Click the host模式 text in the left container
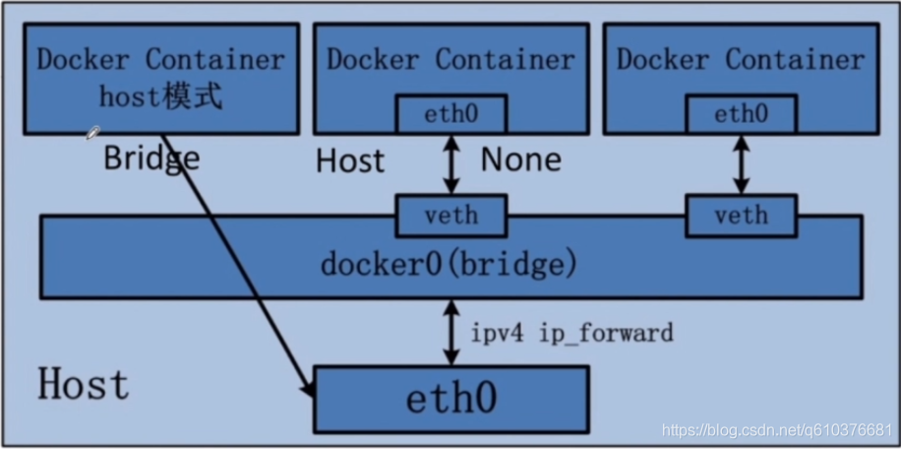(x=161, y=96)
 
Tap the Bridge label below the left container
(x=151, y=158)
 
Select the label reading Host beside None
(x=350, y=160)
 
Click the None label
(x=520, y=160)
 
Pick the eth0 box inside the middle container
(x=451, y=114)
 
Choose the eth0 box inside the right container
(x=741, y=114)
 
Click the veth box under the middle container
(x=451, y=216)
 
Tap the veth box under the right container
(x=741, y=216)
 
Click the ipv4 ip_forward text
(x=572, y=333)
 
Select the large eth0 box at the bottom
(x=451, y=399)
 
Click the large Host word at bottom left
(x=84, y=384)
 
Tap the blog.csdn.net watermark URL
(x=777, y=431)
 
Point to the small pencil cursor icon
(x=93, y=132)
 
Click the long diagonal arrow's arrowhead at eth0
(x=309, y=392)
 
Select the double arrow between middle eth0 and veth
(x=451, y=164)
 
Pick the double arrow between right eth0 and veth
(x=741, y=164)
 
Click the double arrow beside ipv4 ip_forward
(x=451, y=332)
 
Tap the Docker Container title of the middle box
(x=450, y=59)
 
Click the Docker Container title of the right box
(x=741, y=59)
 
